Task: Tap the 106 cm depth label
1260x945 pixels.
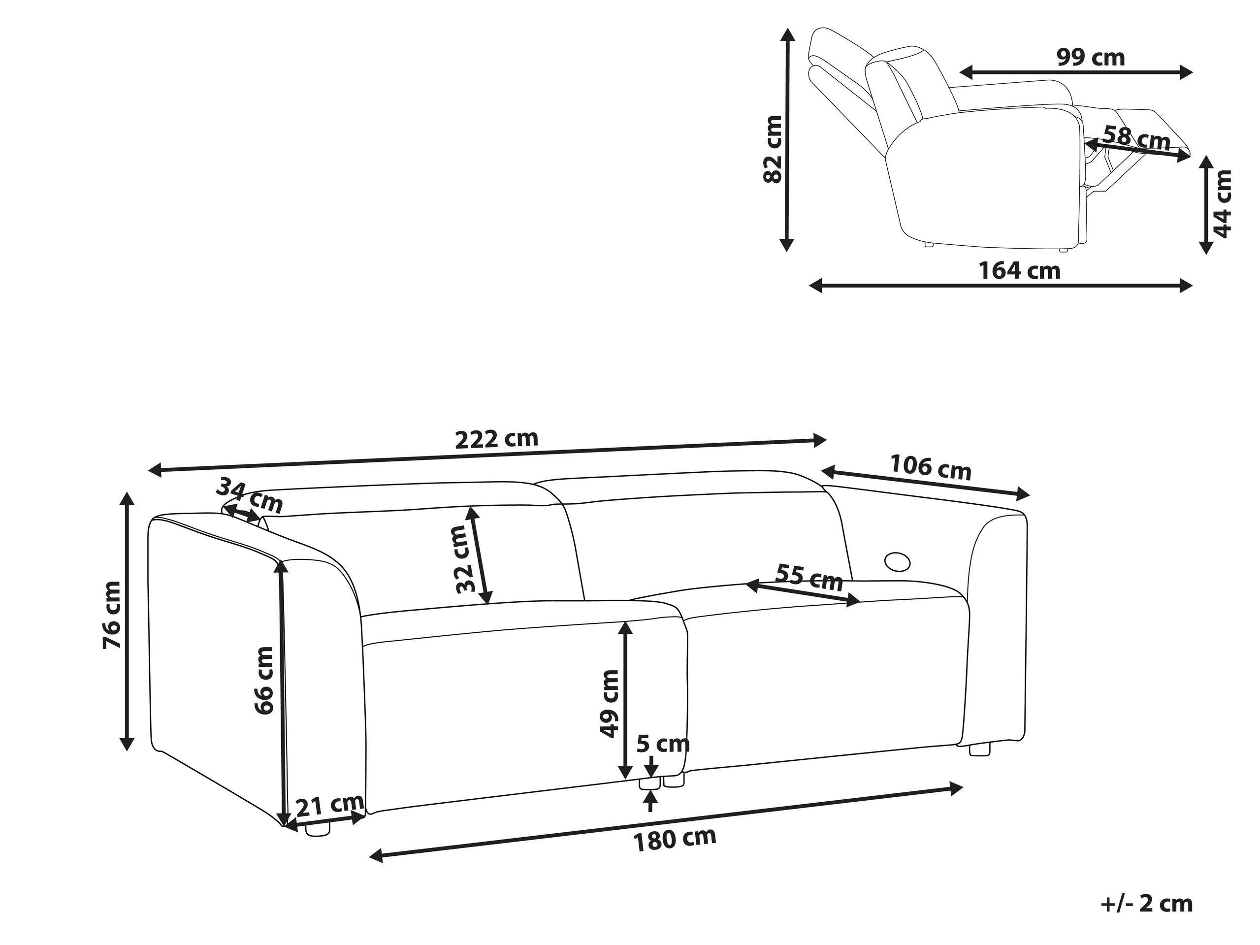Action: click(x=930, y=467)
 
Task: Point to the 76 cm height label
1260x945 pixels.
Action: click(x=112, y=615)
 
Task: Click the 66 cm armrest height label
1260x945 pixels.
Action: click(x=264, y=680)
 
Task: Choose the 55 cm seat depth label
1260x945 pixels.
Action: click(x=809, y=578)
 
